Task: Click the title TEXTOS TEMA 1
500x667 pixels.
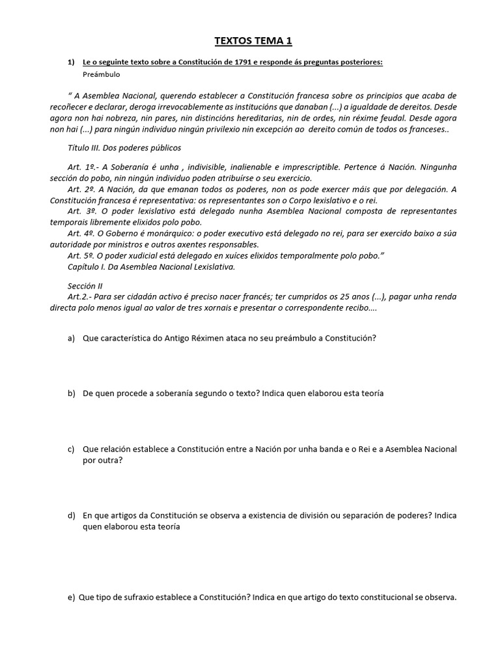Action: pos(253,42)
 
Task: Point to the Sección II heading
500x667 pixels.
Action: pos(85,285)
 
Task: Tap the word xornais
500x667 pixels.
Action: pos(233,308)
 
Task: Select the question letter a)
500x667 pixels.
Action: pos(71,338)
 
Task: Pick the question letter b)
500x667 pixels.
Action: pos(71,393)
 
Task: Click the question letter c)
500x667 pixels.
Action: pos(71,449)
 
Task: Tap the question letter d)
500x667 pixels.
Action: pos(71,515)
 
